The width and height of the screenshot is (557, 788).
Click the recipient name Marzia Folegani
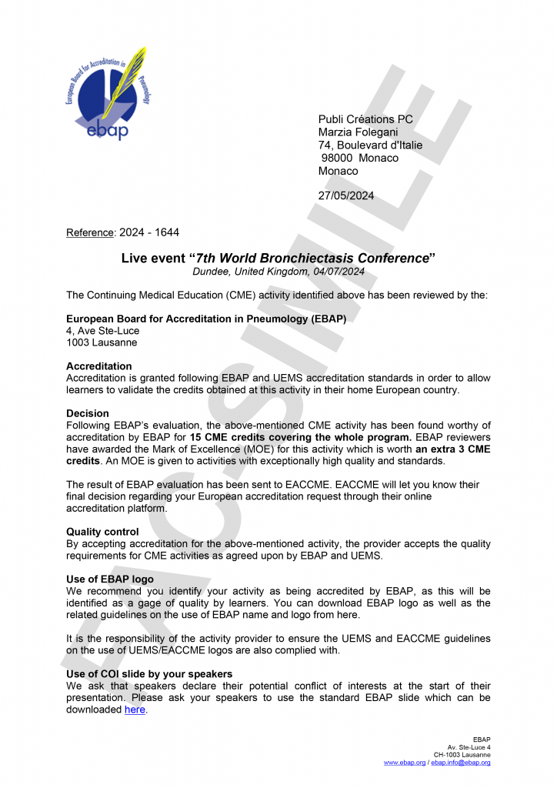pyautogui.click(x=358, y=132)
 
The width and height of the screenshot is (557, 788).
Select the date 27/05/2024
pyautogui.click(x=346, y=195)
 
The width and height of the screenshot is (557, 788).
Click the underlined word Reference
pyautogui.click(x=90, y=232)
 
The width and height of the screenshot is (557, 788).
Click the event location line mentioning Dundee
pyautogui.click(x=278, y=272)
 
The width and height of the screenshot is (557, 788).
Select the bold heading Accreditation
pyautogui.click(x=99, y=366)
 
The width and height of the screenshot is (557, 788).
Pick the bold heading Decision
pyautogui.click(x=88, y=413)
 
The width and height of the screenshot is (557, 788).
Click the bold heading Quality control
pyautogui.click(x=102, y=532)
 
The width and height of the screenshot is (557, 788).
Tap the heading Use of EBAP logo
pyautogui.click(x=110, y=579)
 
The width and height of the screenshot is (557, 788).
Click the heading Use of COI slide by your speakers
pyautogui.click(x=149, y=674)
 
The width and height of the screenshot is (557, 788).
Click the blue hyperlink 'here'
pyautogui.click(x=135, y=710)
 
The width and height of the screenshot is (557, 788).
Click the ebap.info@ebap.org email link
pyautogui.click(x=461, y=762)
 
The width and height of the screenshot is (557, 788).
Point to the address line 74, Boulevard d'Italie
pyautogui.click(x=370, y=145)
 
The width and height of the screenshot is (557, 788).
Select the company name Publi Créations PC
pyautogui.click(x=365, y=119)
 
